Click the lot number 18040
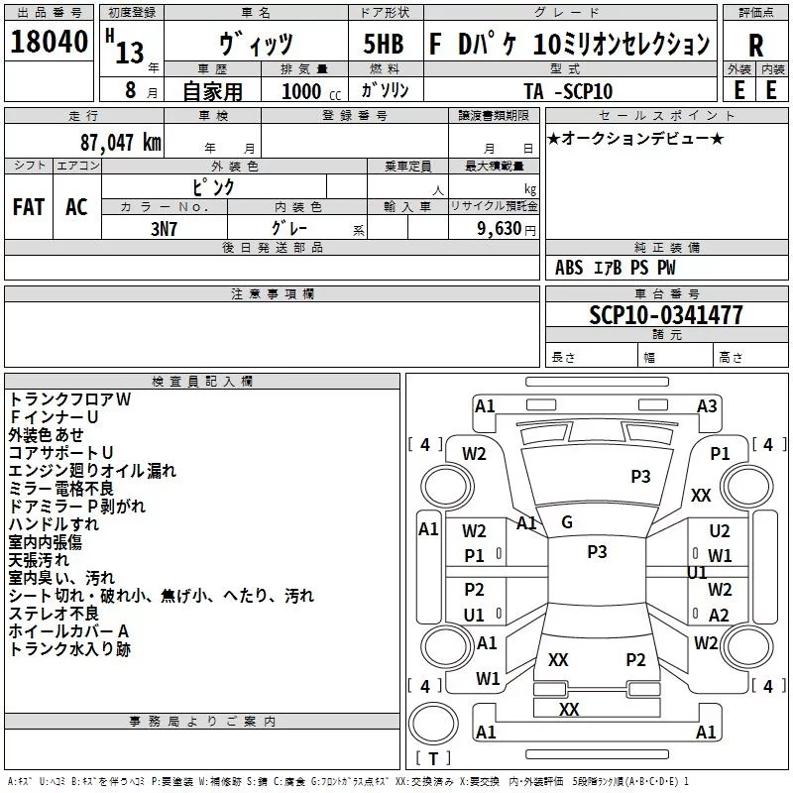49,42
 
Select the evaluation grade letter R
756,45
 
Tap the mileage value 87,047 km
120,142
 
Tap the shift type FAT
29,207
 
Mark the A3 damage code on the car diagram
707,405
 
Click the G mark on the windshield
567,521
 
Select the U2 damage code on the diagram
720,532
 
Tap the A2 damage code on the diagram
720,616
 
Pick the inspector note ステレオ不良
54,614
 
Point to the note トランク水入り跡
69,649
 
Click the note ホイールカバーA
69,631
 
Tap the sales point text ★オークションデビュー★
635,138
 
